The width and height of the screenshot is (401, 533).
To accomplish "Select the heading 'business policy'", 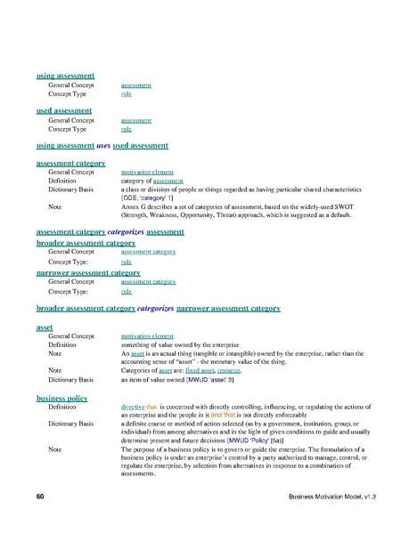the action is coord(61,397).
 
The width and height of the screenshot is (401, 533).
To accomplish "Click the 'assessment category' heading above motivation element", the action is coord(71,164).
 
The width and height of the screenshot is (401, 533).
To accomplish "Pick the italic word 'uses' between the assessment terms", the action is coord(102,144).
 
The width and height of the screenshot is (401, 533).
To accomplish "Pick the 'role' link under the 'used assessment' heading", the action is coord(127,128).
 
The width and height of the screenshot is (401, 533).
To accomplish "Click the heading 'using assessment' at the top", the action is coord(65,77).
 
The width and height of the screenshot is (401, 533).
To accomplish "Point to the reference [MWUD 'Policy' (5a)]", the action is coord(268,440).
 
